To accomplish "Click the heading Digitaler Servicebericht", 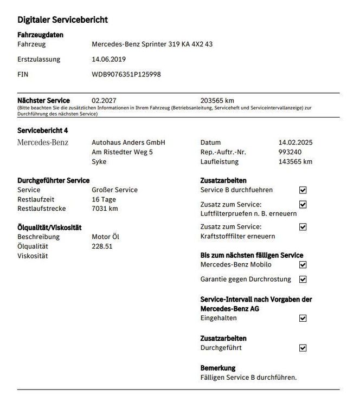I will pos(62,20).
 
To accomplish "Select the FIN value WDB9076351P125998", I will pos(126,74).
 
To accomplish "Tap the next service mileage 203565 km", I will pos(217,100).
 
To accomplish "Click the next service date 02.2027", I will pos(104,100).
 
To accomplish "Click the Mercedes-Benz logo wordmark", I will pos(43,142).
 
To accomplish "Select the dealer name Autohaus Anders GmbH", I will pos(128,142).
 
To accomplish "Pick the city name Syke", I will pos(99,161).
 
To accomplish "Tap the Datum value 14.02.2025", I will pos(295,142).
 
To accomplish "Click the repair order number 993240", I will pos(290,152).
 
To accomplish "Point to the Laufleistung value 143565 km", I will pos(295,161).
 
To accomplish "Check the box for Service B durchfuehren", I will pos(303,190).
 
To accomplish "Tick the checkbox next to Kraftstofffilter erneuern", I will pos(303,227).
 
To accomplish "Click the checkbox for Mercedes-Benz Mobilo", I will pos(303,265).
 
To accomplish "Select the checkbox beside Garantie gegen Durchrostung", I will pos(303,279).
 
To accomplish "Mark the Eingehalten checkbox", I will pos(303,318).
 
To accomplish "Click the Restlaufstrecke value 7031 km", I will pos(105,209).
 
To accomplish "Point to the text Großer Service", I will pos(114,190).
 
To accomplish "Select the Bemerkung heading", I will pos(217,368).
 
